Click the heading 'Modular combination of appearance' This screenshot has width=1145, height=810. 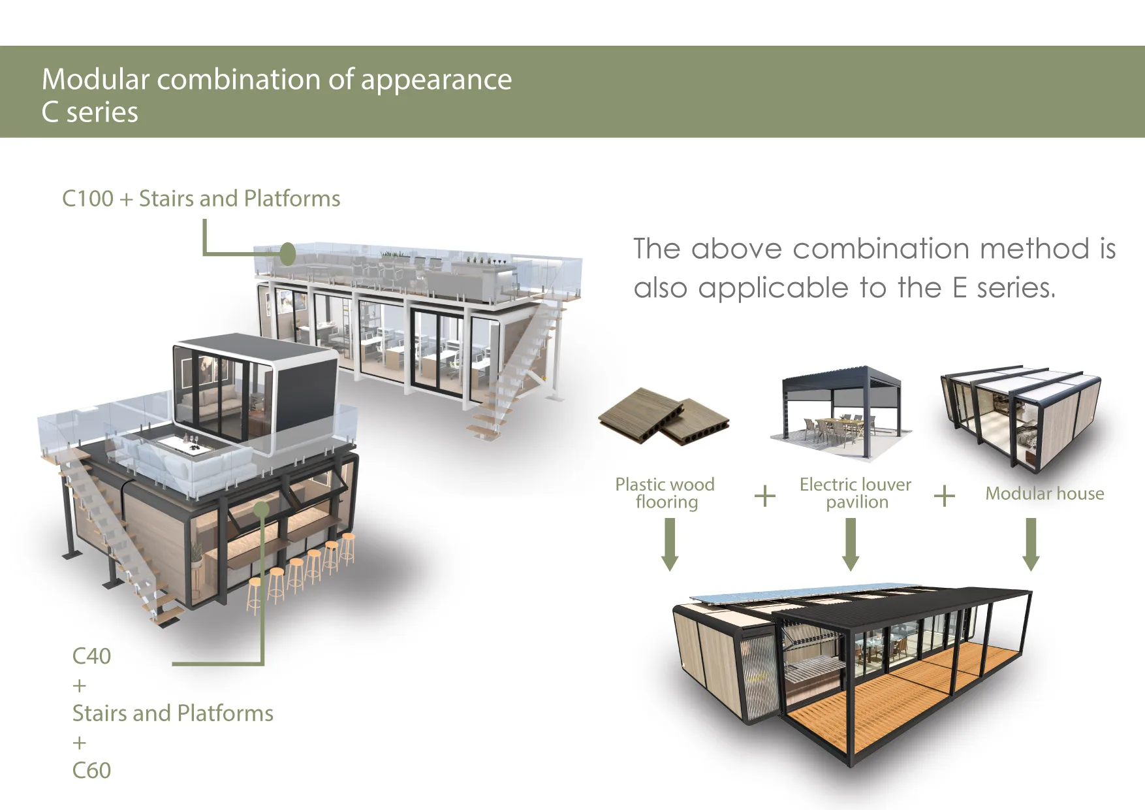click(277, 80)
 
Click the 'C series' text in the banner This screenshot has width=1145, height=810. click(90, 112)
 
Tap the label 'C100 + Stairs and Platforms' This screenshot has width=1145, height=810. click(201, 199)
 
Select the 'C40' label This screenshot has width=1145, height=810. click(91, 656)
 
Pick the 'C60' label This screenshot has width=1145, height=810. click(91, 770)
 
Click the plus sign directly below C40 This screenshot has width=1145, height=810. click(80, 686)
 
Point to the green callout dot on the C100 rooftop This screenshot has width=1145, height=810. click(287, 253)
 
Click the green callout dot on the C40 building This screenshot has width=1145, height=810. click(261, 510)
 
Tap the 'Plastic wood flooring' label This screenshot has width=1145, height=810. click(665, 493)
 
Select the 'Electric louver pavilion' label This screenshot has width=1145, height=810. click(856, 493)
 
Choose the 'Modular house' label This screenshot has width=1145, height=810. click(1044, 494)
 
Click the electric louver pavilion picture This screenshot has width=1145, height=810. click(841, 412)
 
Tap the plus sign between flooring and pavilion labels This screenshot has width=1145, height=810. click(765, 496)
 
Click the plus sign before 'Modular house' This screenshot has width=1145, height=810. click(945, 496)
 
